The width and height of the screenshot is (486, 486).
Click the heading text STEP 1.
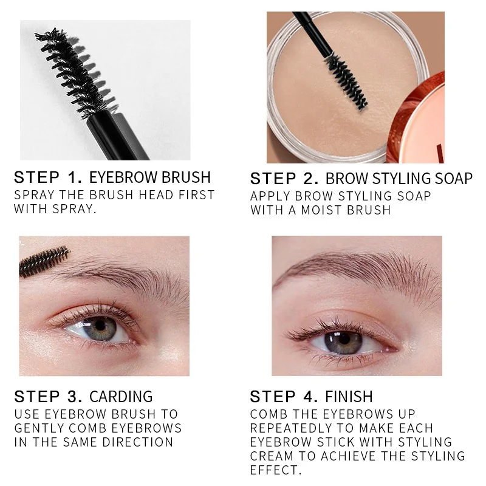47,178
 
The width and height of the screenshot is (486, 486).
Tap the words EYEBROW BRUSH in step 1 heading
150,178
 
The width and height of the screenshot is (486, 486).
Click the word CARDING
121,397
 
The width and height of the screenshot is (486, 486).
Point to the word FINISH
349,397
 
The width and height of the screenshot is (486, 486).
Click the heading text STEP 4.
284,397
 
